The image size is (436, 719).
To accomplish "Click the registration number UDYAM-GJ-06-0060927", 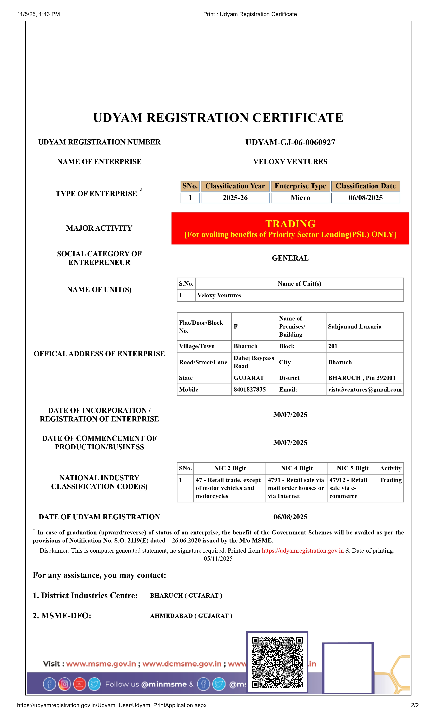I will [x=290, y=142].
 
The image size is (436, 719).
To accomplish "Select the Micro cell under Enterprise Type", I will [x=300, y=198].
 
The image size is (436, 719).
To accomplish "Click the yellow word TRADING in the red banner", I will [x=290, y=224].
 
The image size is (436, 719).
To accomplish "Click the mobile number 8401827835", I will [x=249, y=390].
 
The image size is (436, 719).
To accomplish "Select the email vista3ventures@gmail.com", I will [x=365, y=390].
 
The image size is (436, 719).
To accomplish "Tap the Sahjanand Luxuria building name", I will [x=355, y=326].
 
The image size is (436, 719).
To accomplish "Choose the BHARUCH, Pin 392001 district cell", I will [x=362, y=378].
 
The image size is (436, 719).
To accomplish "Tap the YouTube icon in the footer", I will [x=80, y=684].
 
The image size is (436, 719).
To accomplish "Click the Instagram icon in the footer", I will [x=65, y=684].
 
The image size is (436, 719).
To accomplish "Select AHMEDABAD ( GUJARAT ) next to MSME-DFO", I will [x=191, y=616].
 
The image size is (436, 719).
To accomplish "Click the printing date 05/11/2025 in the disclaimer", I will [x=218, y=558].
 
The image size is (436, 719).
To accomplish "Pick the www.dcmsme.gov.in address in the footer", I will [x=182, y=664].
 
